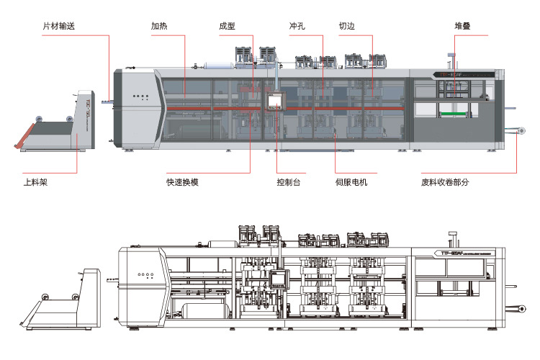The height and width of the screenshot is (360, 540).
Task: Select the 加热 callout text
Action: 159,27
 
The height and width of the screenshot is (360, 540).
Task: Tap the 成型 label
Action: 227,27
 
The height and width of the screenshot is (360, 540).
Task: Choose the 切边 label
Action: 346,27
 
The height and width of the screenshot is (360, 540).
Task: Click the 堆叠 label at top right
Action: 462,27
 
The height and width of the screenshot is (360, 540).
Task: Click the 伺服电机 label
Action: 351,182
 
